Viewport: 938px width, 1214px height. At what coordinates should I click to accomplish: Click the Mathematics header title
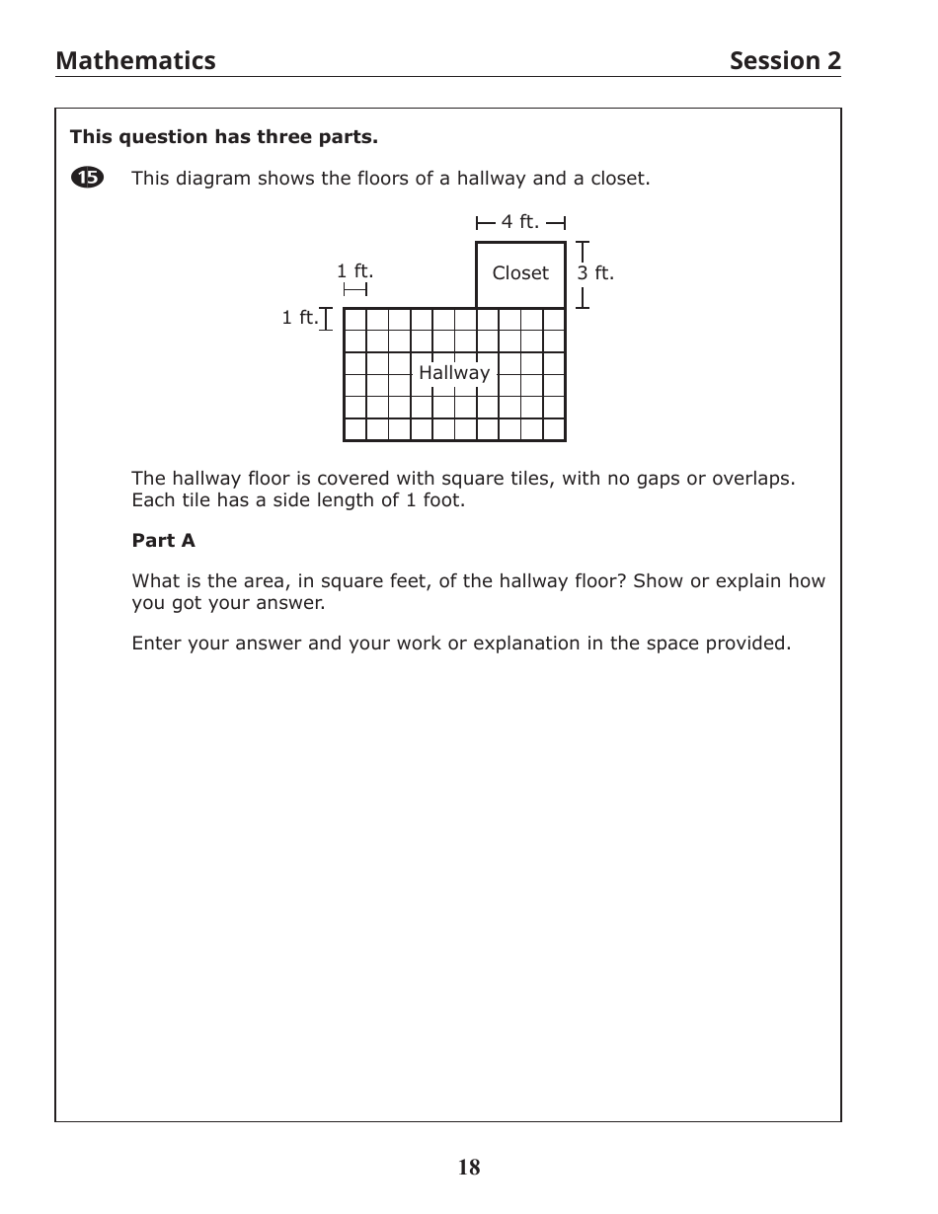pos(135,61)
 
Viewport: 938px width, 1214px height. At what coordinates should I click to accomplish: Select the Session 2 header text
pos(785,61)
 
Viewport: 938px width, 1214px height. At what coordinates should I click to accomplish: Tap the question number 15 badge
pos(87,178)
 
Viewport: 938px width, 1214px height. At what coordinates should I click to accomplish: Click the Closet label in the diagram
pos(520,273)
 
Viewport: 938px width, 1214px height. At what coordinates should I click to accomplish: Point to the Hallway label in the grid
pos(454,373)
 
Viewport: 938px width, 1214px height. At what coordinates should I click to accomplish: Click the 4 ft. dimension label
pos(520,222)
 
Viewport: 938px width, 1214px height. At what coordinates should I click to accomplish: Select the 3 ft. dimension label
pos(595,273)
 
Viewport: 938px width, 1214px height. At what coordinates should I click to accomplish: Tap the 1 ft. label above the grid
pos(354,271)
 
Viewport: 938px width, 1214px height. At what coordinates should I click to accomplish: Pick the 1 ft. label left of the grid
pos(299,318)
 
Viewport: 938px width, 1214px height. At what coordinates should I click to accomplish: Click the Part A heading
pos(164,541)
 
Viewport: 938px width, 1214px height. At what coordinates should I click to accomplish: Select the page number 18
pos(469,1168)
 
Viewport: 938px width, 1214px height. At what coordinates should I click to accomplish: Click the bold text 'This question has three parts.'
pos(223,136)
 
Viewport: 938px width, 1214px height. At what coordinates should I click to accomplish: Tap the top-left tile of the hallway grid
pos(355,320)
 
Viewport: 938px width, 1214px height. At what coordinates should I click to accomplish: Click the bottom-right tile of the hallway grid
pos(554,429)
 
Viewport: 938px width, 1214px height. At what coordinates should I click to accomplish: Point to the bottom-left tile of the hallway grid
pos(355,429)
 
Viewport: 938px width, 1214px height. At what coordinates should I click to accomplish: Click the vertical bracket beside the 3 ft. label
pos(583,274)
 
